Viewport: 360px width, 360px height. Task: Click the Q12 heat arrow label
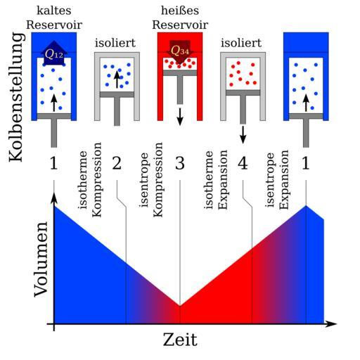click(x=54, y=54)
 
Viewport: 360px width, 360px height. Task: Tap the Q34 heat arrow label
click(x=180, y=51)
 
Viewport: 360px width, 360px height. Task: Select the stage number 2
click(x=117, y=163)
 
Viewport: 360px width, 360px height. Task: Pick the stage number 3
click(x=180, y=163)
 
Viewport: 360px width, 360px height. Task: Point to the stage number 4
click(x=243, y=163)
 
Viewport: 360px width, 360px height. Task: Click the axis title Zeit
click(x=180, y=340)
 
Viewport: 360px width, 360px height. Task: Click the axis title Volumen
click(x=41, y=259)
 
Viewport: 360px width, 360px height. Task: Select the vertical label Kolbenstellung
click(x=16, y=97)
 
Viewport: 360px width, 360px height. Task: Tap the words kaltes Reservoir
click(x=54, y=18)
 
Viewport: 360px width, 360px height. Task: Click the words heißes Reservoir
click(x=180, y=18)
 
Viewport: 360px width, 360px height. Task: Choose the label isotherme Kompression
click(x=90, y=179)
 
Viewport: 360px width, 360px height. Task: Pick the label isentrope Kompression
click(x=151, y=179)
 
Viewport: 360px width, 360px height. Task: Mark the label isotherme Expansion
click(x=216, y=179)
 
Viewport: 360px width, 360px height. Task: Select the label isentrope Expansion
click(x=277, y=179)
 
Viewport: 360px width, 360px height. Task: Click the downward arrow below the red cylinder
click(x=180, y=117)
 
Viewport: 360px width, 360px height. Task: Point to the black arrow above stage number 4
click(x=243, y=135)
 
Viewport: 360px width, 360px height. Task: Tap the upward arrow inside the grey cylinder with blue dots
click(x=117, y=79)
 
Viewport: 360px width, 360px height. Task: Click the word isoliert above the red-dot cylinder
click(x=241, y=43)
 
